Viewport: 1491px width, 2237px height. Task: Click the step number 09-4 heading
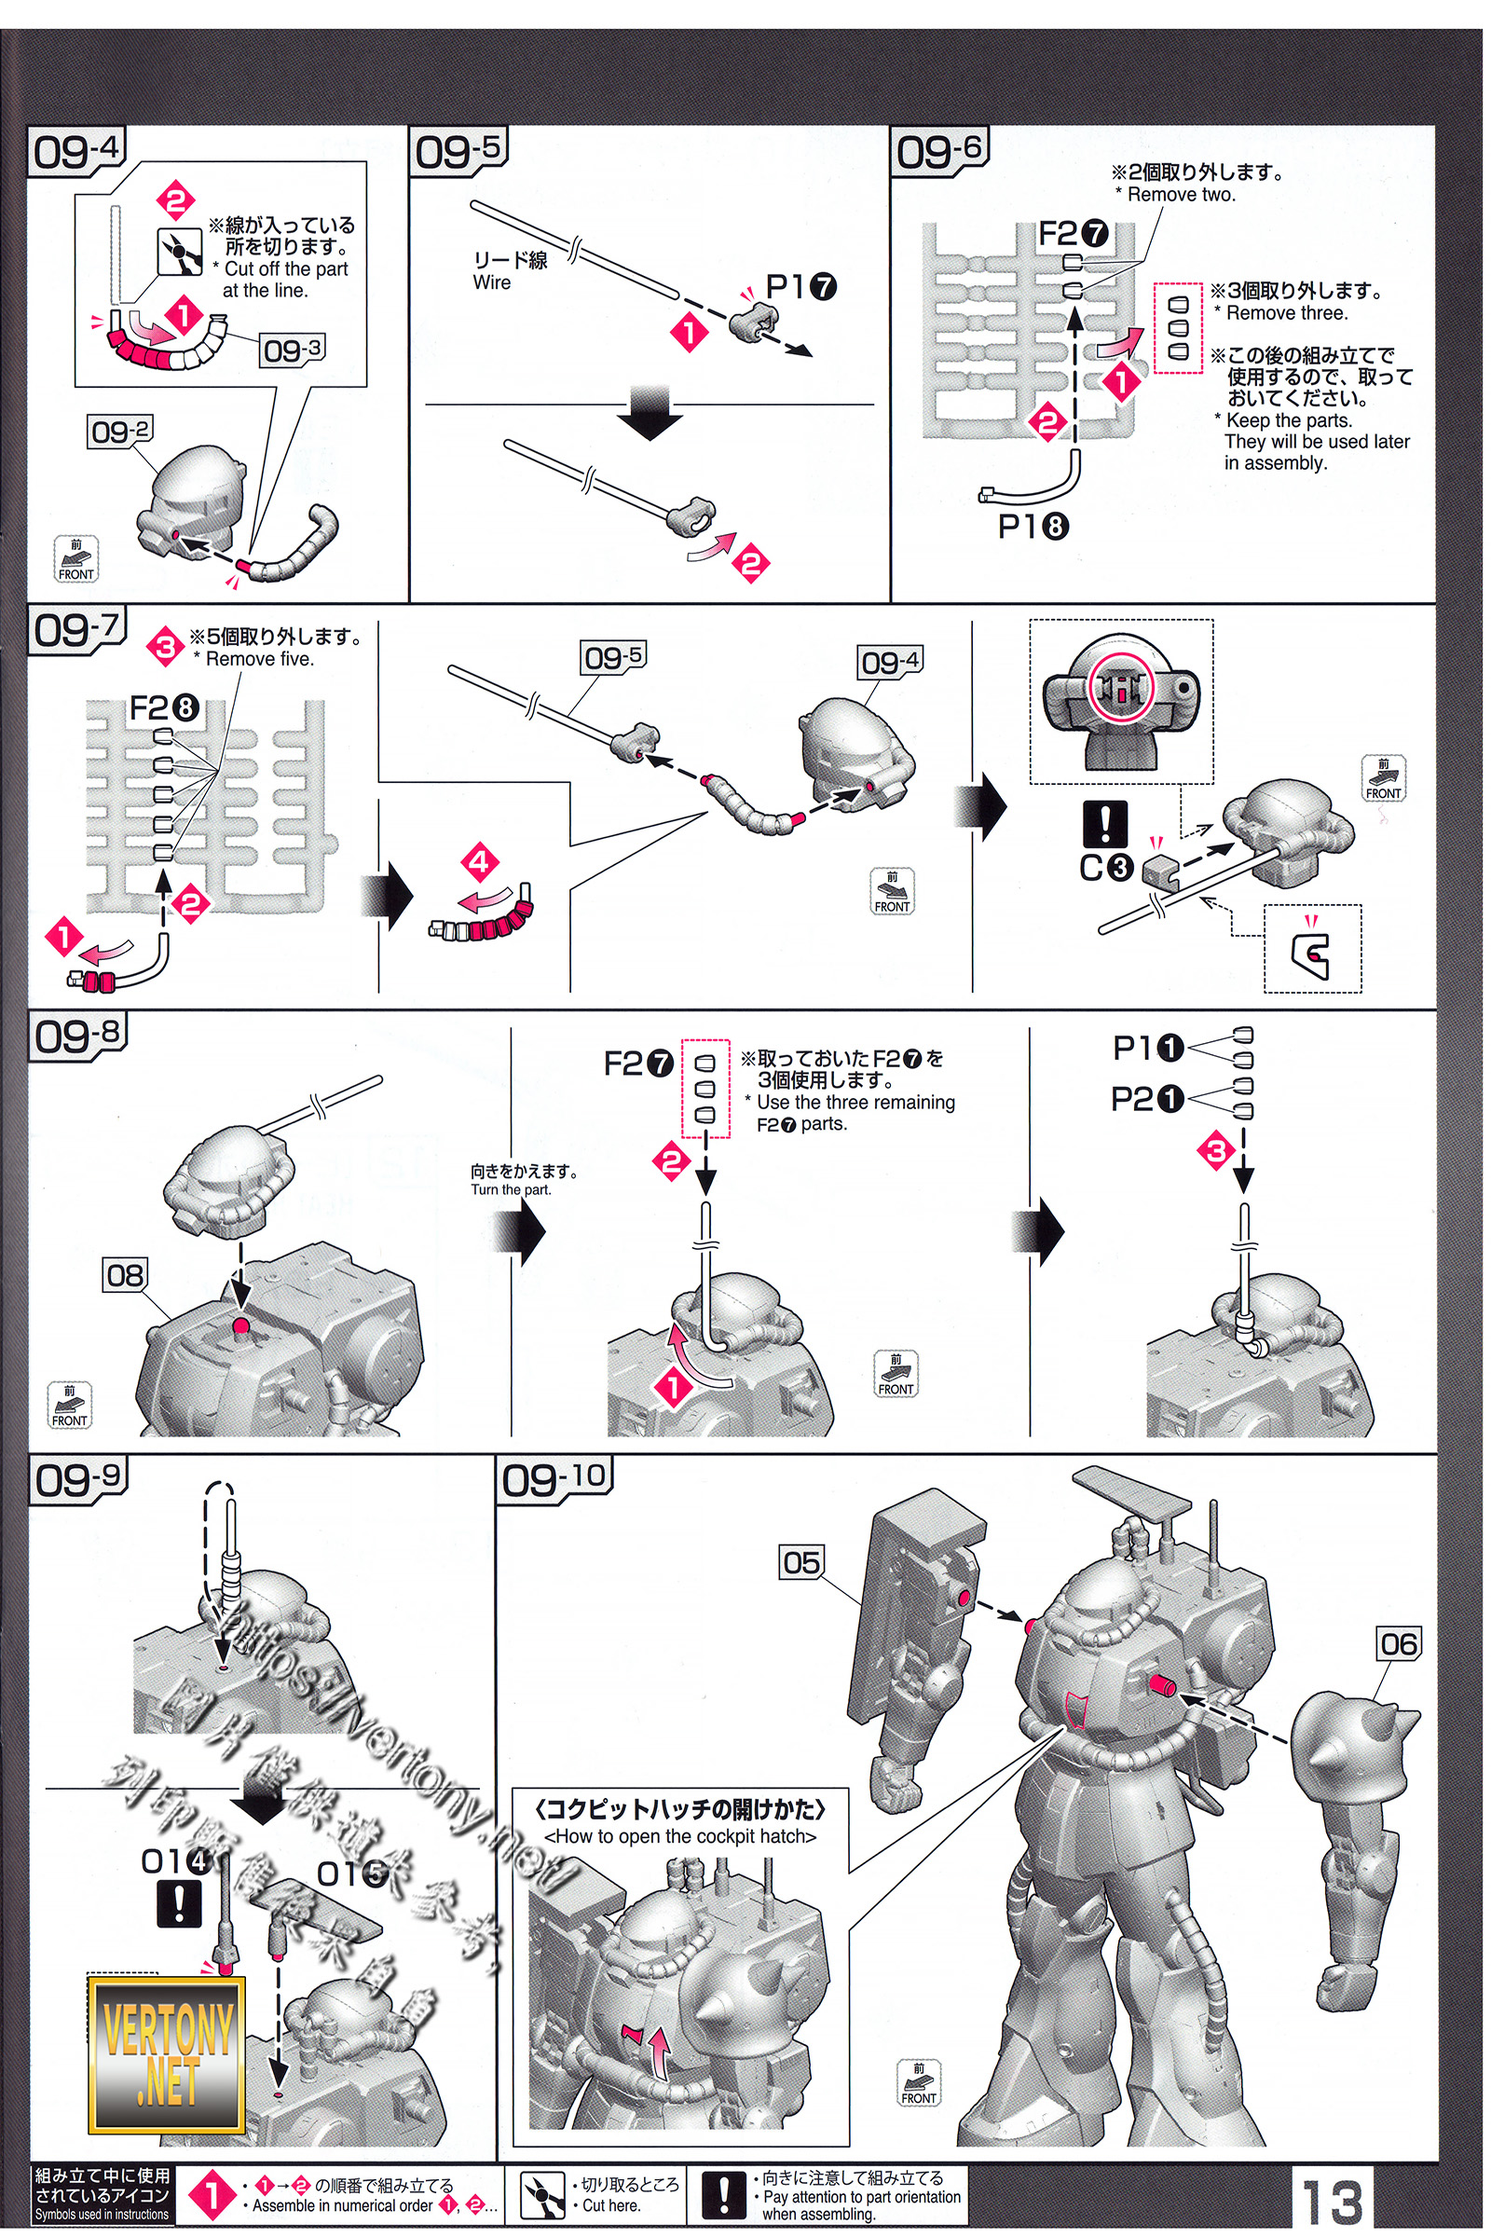(x=77, y=151)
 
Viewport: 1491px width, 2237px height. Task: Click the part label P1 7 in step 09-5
(x=800, y=285)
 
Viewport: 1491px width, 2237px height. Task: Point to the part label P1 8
(x=1033, y=526)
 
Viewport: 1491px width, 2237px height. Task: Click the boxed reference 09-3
(x=292, y=350)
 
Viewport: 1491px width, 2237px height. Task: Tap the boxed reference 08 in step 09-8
(x=125, y=1274)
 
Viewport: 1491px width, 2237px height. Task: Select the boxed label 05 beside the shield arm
(x=800, y=1562)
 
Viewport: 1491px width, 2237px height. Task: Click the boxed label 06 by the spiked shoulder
(x=1399, y=1643)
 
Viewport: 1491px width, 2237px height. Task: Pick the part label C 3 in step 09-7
(x=1107, y=867)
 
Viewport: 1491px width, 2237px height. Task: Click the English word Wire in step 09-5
(x=492, y=282)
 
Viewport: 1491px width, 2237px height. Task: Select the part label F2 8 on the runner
(x=164, y=707)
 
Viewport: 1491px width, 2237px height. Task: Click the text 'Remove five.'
(x=260, y=659)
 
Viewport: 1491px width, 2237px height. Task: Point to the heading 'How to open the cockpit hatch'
(x=680, y=1836)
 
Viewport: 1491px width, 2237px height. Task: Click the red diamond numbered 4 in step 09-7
(x=480, y=863)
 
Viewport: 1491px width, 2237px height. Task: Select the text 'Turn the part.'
(x=511, y=1190)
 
